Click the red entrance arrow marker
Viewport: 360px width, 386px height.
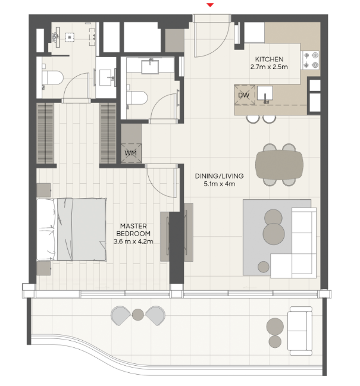click(210, 5)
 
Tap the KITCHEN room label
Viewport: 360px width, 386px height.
click(269, 59)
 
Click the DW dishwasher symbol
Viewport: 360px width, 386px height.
click(245, 95)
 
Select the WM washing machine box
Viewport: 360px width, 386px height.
click(131, 153)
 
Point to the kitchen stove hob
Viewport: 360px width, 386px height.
click(311, 60)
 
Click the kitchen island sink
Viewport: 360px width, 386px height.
click(265, 93)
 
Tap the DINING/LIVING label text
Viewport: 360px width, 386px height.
click(219, 176)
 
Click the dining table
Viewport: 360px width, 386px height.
click(279, 164)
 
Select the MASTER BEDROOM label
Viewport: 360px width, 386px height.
click(133, 230)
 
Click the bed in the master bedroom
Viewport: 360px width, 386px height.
click(71, 229)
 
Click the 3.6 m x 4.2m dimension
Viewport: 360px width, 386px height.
click(133, 241)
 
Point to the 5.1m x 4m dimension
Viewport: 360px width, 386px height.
click(219, 184)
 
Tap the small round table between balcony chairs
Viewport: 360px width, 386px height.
click(138, 315)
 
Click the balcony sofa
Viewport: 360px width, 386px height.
click(300, 331)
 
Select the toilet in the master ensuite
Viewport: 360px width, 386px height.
click(52, 78)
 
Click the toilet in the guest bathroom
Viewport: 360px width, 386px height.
click(137, 98)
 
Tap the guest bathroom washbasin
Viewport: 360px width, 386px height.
click(150, 67)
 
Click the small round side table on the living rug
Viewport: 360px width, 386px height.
click(264, 267)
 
